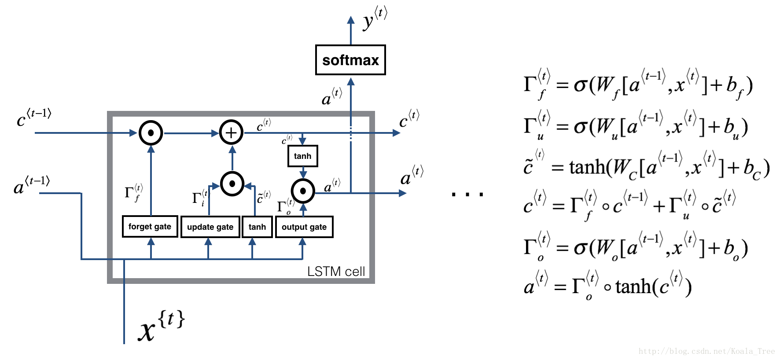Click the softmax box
(350, 60)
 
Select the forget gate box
(150, 227)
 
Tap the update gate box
(210, 227)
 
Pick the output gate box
(304, 227)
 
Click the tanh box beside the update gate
(257, 227)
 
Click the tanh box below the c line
(302, 156)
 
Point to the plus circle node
(231, 132)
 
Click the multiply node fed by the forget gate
(151, 132)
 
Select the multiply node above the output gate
(303, 191)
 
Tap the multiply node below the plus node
(232, 184)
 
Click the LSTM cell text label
(336, 272)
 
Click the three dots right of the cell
(467, 194)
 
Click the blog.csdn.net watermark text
(706, 351)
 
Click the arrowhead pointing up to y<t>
(351, 20)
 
